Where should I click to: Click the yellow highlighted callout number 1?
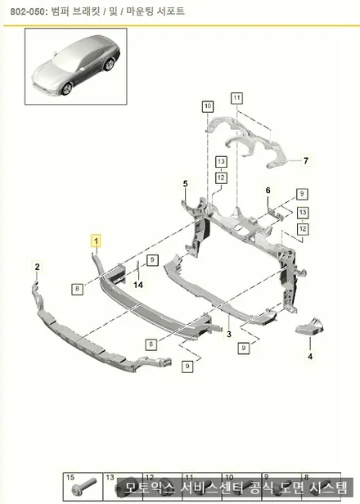(x=96, y=241)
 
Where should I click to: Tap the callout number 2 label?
(x=38, y=267)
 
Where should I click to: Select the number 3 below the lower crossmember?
(x=229, y=335)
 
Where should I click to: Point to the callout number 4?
(x=310, y=356)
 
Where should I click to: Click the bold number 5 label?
(x=186, y=184)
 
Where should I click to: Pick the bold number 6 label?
(x=268, y=191)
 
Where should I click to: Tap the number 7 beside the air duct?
(x=306, y=160)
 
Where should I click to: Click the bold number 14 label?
(x=138, y=285)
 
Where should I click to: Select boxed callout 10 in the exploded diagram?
(x=208, y=106)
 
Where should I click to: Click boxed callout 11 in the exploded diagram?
(x=237, y=98)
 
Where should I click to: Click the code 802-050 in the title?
(x=29, y=11)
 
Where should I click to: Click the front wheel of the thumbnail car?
(x=67, y=88)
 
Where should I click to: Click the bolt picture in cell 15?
(x=84, y=488)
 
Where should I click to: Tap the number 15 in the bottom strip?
(x=70, y=478)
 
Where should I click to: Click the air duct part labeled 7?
(x=248, y=142)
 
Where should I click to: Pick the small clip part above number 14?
(x=138, y=267)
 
